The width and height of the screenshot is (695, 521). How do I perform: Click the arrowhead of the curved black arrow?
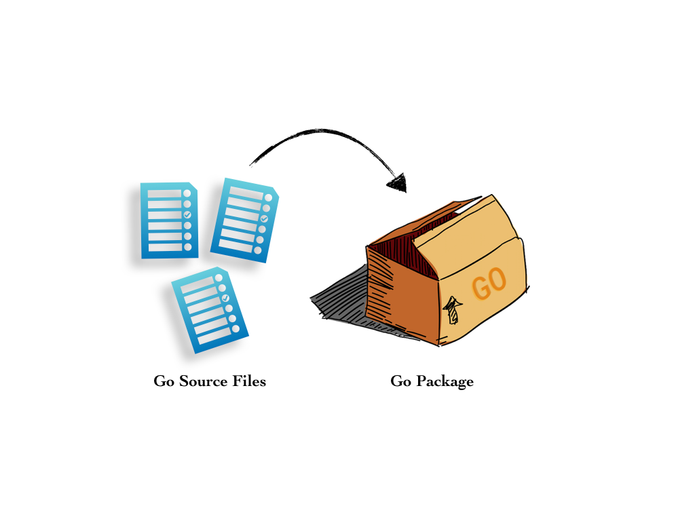click(398, 182)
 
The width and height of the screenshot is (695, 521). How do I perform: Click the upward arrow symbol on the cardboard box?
click(452, 310)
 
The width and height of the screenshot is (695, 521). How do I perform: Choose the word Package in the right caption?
click(444, 381)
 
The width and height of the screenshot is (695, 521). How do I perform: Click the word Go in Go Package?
click(400, 381)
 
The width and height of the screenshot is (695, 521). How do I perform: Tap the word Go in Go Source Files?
click(164, 381)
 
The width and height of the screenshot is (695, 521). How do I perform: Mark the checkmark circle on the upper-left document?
click(187, 214)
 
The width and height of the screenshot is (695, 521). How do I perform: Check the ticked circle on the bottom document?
click(225, 298)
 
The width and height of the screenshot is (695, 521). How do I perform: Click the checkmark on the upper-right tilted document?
click(264, 218)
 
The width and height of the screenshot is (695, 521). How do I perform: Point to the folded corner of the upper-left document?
click(193, 187)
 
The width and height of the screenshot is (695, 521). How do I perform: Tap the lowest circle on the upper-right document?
click(257, 250)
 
